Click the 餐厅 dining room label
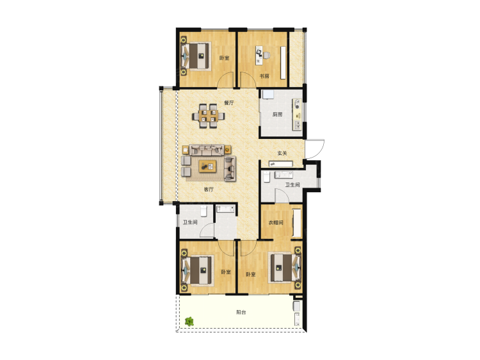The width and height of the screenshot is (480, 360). (x=228, y=103)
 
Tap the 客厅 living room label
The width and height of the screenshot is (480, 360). (x=209, y=190)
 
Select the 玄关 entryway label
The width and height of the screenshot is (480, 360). (x=282, y=153)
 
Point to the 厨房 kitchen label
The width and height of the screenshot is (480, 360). (x=277, y=115)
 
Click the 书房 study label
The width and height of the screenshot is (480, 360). (x=264, y=76)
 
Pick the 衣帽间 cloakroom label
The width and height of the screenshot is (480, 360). (x=275, y=223)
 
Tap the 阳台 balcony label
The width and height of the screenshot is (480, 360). (x=241, y=312)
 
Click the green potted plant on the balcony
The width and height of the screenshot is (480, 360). (x=189, y=322)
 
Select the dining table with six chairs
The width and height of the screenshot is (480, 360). (x=208, y=117)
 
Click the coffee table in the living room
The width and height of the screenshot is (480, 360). (x=207, y=167)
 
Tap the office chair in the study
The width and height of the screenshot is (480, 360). (x=266, y=56)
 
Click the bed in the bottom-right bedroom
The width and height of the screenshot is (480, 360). (x=285, y=268)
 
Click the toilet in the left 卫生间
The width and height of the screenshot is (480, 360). (x=204, y=211)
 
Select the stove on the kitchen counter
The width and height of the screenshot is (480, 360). (x=296, y=104)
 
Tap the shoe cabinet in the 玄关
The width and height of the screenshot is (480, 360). (x=281, y=164)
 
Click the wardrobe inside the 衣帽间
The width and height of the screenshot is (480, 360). (x=297, y=223)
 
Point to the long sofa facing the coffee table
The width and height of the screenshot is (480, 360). (x=207, y=150)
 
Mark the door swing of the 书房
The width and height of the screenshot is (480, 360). (x=248, y=79)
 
